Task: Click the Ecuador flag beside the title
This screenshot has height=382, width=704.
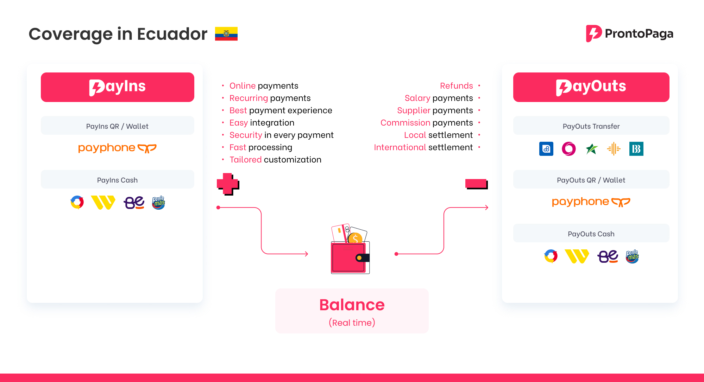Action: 226,34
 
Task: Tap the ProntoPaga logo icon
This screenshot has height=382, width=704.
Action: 593,33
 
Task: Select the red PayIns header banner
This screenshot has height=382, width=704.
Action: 117,87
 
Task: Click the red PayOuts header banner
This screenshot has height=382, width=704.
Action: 591,87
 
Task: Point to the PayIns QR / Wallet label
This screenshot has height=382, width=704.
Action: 117,126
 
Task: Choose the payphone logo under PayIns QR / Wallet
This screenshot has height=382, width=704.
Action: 117,148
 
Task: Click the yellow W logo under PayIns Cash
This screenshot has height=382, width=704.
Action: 103,202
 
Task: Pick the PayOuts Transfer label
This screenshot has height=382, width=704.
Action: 591,126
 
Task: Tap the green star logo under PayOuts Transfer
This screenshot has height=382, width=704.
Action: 591,149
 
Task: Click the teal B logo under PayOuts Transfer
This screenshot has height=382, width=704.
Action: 636,149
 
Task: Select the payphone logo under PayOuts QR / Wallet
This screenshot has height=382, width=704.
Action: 591,202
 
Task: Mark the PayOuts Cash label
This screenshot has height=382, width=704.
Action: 591,234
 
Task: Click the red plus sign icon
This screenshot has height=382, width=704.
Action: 228,184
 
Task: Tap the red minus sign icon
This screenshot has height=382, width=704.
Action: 476,183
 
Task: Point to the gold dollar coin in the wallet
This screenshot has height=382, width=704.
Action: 356,238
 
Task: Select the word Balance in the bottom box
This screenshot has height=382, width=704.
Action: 352,305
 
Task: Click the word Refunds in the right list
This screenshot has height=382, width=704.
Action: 456,85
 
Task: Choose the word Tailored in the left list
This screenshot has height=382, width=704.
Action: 245,159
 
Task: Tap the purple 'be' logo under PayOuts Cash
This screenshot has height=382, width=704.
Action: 608,256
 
